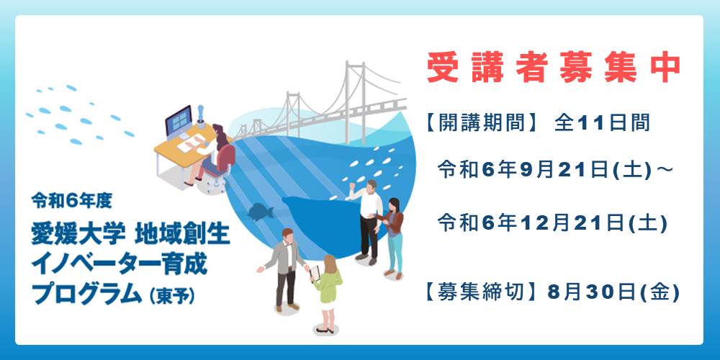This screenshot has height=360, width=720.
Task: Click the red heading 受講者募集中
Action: click(553, 69)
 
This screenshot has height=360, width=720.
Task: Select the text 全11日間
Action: click(602, 123)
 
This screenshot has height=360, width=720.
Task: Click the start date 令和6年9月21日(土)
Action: click(544, 171)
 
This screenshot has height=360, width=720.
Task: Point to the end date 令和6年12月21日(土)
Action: click(552, 223)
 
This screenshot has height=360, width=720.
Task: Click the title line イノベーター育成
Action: click(120, 264)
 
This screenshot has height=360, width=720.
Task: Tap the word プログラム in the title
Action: click(86, 294)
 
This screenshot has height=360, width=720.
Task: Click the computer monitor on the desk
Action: click(179, 121)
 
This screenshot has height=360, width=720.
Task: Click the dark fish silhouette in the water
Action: click(261, 211)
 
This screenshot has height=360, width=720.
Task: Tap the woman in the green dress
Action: click(328, 293)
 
